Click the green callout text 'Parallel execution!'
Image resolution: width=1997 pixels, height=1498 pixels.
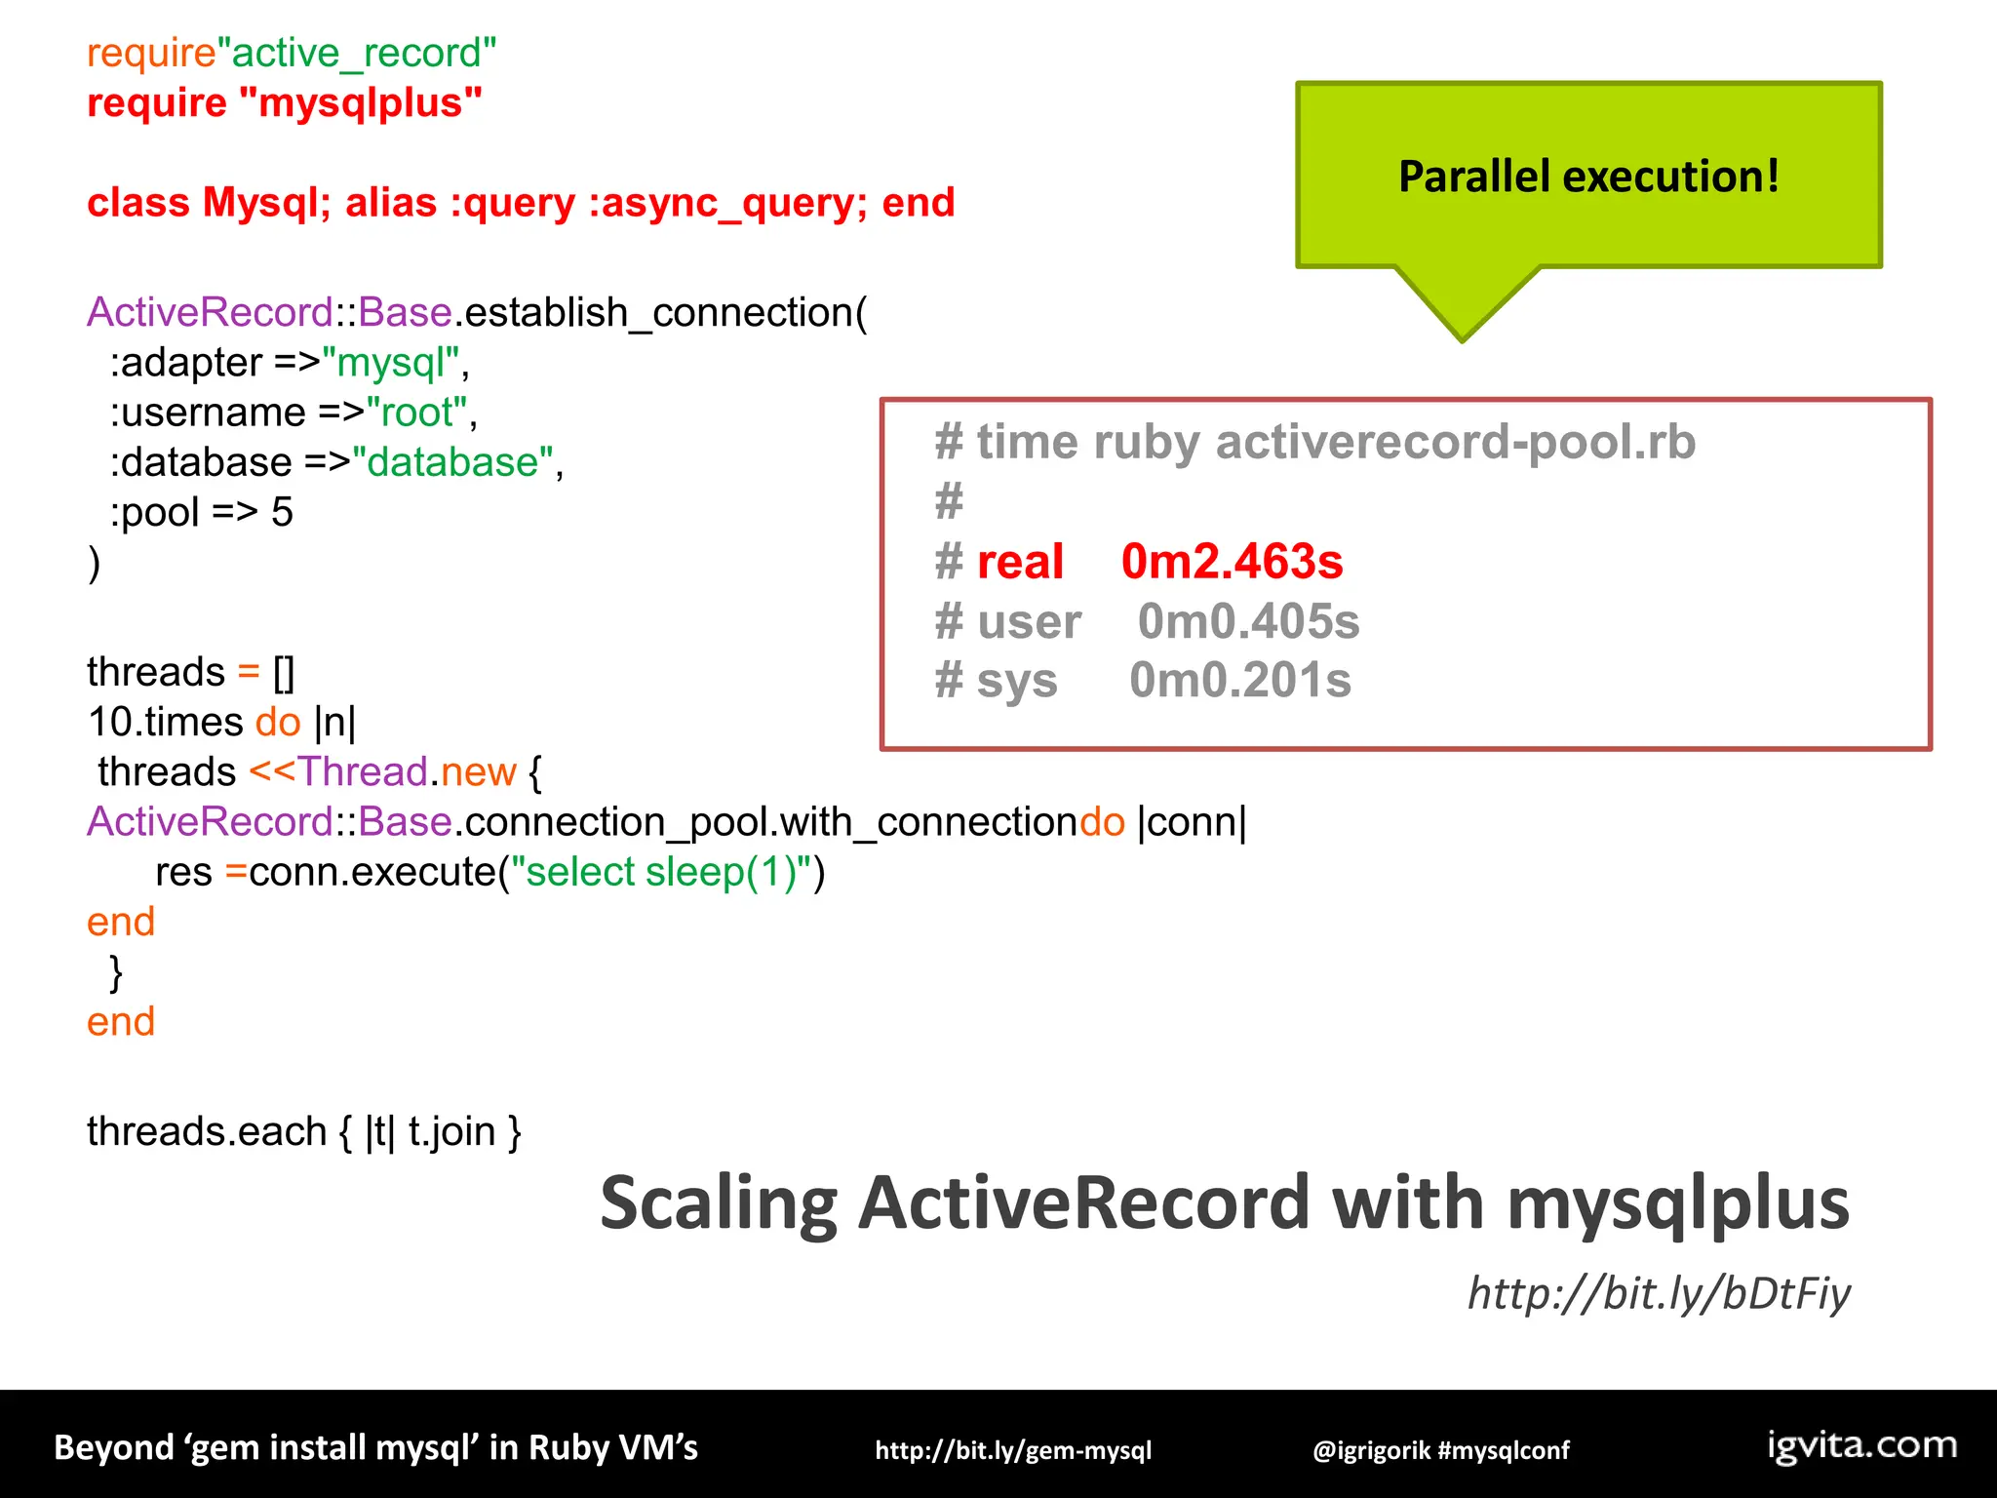coord(1588,177)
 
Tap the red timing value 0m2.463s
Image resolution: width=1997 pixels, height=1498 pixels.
coord(1232,562)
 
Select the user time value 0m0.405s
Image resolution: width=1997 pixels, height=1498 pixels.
coord(1248,621)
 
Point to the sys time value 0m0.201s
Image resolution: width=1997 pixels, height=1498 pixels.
coord(1239,680)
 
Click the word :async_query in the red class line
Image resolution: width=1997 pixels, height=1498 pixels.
coord(726,203)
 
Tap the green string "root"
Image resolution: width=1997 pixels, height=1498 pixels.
coord(416,413)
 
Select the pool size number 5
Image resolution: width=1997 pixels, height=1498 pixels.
coord(282,512)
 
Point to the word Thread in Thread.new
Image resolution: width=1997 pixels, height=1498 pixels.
coord(363,771)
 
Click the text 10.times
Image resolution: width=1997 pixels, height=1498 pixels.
coord(165,722)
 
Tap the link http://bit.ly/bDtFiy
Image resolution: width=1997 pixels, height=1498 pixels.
coord(1659,1293)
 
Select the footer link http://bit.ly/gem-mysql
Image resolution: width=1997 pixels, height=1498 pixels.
coord(1013,1450)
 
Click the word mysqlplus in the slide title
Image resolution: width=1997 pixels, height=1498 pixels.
coord(1677,1202)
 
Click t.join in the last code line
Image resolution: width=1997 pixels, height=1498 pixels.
coord(451,1131)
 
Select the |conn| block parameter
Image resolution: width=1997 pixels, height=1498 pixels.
coord(1192,822)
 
